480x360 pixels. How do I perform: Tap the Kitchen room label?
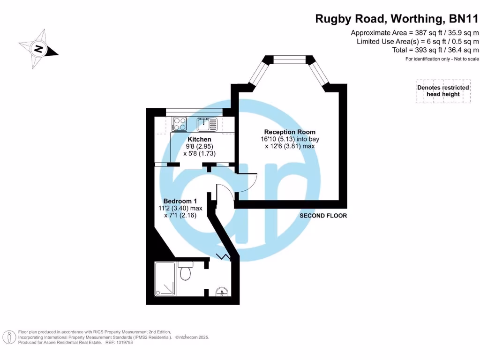point(199,139)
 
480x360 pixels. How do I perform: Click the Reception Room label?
point(289,132)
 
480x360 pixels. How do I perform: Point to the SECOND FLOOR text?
point(323,216)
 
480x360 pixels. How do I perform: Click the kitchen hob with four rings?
point(179,124)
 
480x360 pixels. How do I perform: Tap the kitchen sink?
point(207,124)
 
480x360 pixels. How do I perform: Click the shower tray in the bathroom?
point(165,278)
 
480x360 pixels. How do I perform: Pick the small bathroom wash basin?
point(222,293)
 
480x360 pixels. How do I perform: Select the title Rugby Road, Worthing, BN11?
point(397,19)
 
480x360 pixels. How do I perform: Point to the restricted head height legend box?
point(443,91)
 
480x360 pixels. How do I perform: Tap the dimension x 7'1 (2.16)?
point(180,216)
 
